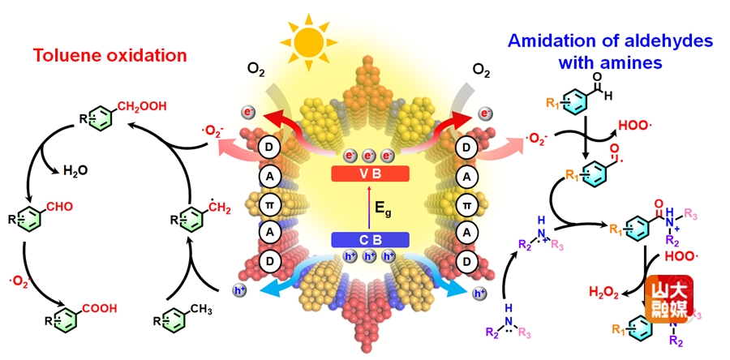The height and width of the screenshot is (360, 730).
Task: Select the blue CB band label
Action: coord(369,239)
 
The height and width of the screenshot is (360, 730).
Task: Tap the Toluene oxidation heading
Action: coord(110,55)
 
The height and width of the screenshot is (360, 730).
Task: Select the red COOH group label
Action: coord(97,307)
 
